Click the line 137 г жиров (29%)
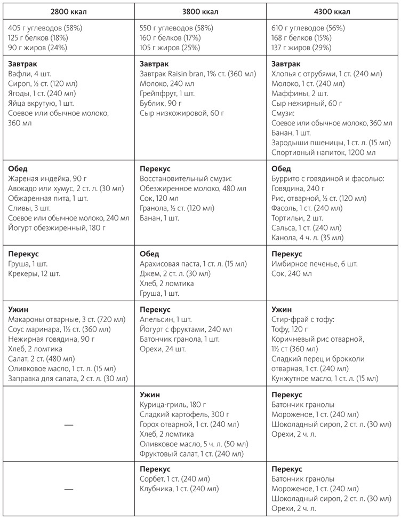click(301, 48)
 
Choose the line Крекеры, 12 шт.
click(35, 274)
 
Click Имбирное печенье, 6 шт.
click(315, 264)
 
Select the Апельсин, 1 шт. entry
click(165, 319)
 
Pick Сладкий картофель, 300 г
click(184, 414)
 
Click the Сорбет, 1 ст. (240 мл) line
click(174, 478)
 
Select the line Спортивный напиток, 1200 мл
click(323, 153)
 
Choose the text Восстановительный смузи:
click(182, 178)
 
